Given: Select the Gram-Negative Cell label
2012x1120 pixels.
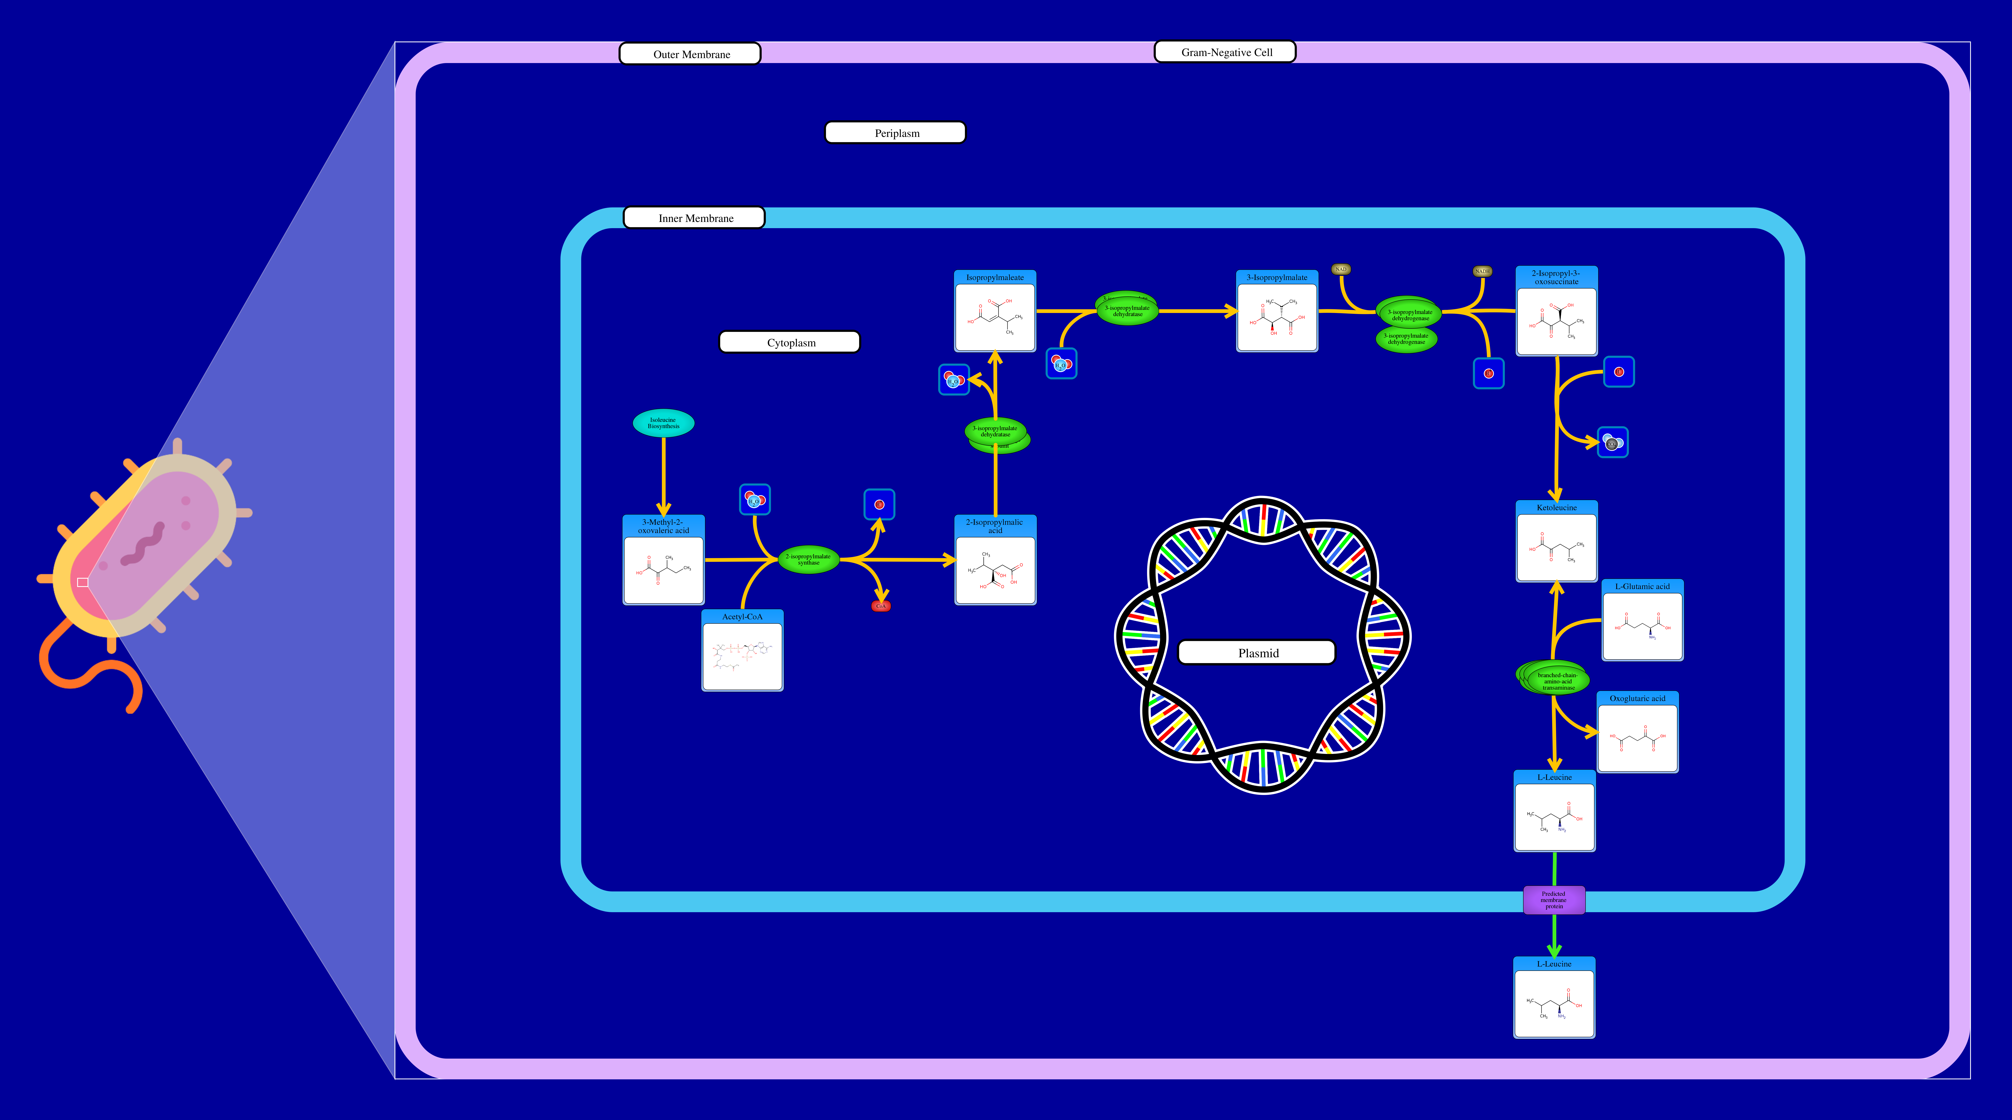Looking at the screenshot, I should click(x=1225, y=52).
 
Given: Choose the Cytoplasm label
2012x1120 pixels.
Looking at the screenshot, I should click(x=790, y=342).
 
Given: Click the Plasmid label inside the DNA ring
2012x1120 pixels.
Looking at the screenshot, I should click(x=1257, y=652).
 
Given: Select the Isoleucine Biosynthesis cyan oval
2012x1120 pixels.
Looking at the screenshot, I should click(x=663, y=422).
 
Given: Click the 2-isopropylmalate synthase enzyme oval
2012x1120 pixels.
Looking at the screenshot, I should click(x=808, y=559).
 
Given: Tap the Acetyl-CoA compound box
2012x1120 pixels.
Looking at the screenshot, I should click(x=742, y=651).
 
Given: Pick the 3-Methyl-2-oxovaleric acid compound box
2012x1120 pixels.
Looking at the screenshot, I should click(x=663, y=560).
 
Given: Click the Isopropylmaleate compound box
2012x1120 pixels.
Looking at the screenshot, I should click(x=994, y=311).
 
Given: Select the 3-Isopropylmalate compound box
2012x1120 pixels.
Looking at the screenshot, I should click(x=1276, y=311).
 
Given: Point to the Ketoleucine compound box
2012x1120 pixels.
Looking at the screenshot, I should click(x=1556, y=541).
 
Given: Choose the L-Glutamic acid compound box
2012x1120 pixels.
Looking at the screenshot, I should click(x=1642, y=620).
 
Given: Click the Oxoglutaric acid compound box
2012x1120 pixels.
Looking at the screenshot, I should click(x=1637, y=732).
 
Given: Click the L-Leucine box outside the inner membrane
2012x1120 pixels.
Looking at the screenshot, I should click(x=1554, y=997).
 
